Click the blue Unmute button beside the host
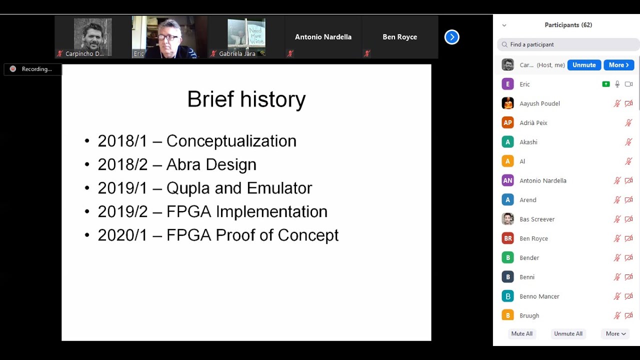click(584, 65)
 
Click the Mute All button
click(521, 333)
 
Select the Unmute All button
click(568, 333)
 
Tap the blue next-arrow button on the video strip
click(451, 37)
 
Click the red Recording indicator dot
click(13, 69)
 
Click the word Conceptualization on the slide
click(231, 141)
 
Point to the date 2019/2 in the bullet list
click(122, 211)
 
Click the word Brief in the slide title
click(210, 99)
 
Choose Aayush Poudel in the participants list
click(539, 103)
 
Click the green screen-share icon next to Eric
click(606, 84)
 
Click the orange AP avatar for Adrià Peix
click(507, 122)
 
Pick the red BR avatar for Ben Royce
click(507, 238)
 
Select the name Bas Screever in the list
click(537, 219)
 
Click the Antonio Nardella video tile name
click(323, 37)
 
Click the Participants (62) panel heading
click(568, 25)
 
